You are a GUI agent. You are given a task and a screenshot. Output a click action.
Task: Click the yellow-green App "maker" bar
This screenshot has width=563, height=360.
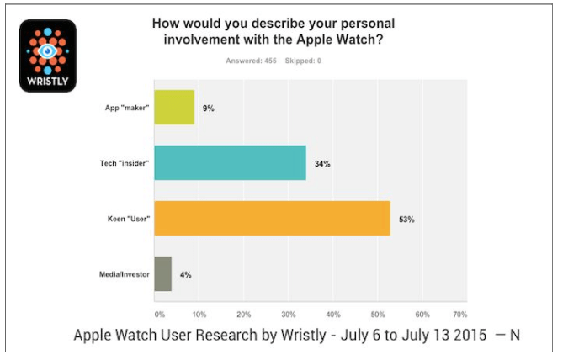173,108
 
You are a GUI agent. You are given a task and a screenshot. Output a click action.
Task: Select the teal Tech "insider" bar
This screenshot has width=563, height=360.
230,162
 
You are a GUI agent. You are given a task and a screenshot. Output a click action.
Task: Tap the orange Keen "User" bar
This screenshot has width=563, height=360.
272,219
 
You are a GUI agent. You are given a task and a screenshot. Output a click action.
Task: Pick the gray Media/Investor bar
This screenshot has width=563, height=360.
162,274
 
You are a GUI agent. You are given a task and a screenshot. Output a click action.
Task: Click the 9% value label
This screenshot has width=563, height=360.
209,109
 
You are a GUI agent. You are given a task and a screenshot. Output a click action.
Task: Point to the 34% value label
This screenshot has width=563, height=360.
322,163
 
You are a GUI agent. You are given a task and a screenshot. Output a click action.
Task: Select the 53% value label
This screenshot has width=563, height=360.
406,219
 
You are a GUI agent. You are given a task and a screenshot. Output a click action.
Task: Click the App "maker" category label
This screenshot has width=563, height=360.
125,109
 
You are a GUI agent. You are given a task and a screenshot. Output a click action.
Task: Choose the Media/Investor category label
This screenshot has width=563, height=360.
120,274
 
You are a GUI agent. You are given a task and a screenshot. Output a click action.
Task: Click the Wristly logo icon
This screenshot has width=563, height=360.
48,56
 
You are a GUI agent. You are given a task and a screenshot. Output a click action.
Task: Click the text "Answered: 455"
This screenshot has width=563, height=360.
250,61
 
